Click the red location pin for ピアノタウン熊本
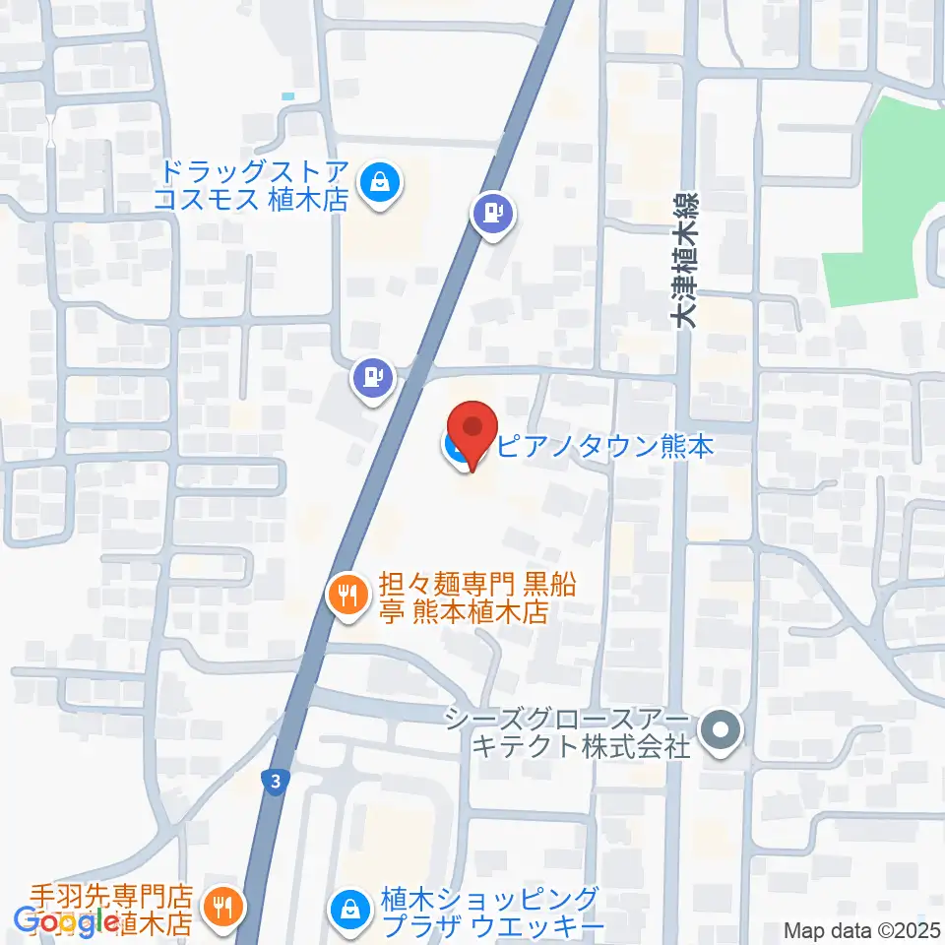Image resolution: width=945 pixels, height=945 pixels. pyautogui.click(x=473, y=431)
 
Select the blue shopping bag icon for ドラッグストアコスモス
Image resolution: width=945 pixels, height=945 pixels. pyautogui.click(x=379, y=183)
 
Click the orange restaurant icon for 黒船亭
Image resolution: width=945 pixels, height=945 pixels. pyautogui.click(x=346, y=596)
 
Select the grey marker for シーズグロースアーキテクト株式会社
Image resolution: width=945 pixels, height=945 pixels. pyautogui.click(x=722, y=731)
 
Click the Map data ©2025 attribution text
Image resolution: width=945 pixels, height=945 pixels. pyautogui.click(x=863, y=930)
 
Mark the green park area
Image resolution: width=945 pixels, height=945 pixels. pyautogui.click(x=886, y=197)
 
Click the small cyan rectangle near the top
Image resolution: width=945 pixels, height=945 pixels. pyautogui.click(x=287, y=95)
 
